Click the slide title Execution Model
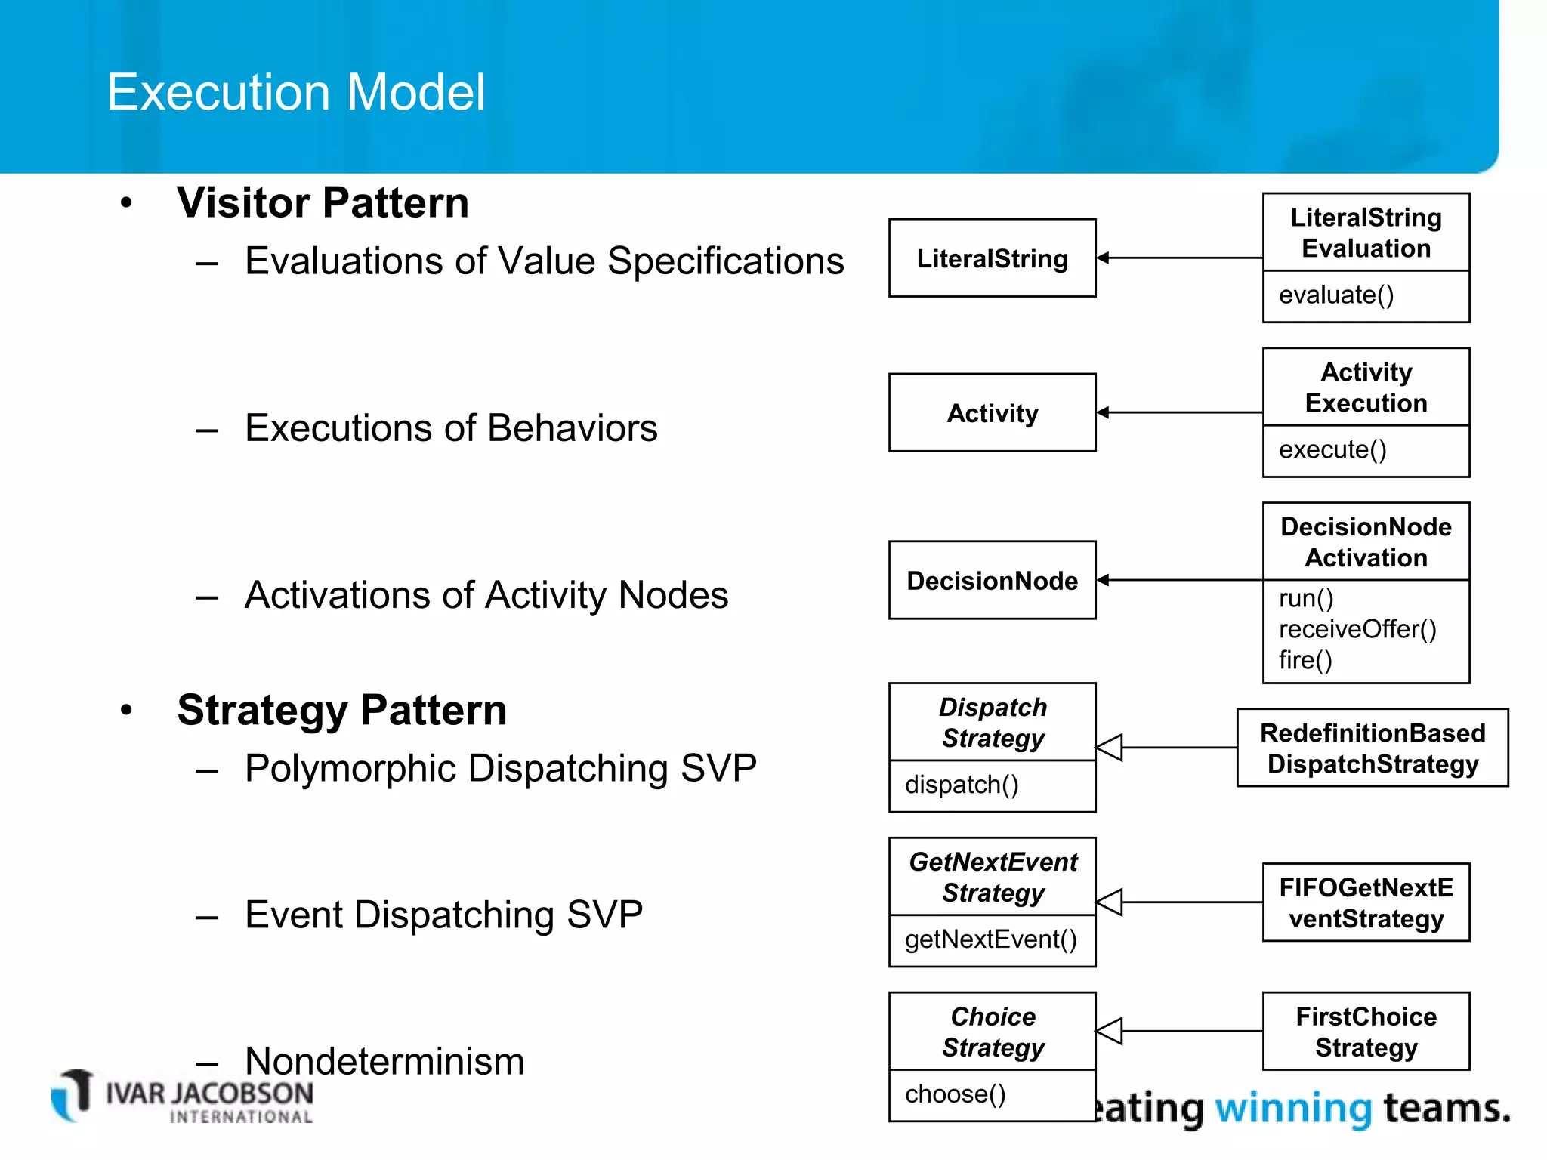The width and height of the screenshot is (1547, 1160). tap(295, 92)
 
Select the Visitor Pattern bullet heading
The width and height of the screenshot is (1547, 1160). tap(323, 202)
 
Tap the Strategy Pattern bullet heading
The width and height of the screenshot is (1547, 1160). tap(341, 710)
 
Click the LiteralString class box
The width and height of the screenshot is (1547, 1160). tap(992, 258)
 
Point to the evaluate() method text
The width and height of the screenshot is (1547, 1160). tap(1335, 295)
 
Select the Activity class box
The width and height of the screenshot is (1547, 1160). tap(992, 413)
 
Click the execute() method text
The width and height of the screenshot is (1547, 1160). tap(1332, 449)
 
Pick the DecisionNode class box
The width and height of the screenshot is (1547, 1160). tap(992, 580)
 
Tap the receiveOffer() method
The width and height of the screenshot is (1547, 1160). tap(1357, 629)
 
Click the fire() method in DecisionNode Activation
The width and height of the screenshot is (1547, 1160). tap(1305, 660)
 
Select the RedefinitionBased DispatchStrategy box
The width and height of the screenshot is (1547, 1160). tap(1372, 748)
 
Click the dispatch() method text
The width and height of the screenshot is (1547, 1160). tap(962, 785)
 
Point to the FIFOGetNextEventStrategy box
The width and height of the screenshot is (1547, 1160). tap(1366, 902)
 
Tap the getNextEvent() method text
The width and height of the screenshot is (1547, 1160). tap(990, 939)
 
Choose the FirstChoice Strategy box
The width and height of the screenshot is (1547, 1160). tap(1366, 1032)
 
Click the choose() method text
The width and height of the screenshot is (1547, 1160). tap(955, 1094)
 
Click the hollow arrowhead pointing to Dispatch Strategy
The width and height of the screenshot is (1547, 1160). tap(1110, 748)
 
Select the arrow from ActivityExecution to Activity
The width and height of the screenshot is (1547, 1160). tap(1178, 412)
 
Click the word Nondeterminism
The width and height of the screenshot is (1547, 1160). tap(384, 1061)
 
